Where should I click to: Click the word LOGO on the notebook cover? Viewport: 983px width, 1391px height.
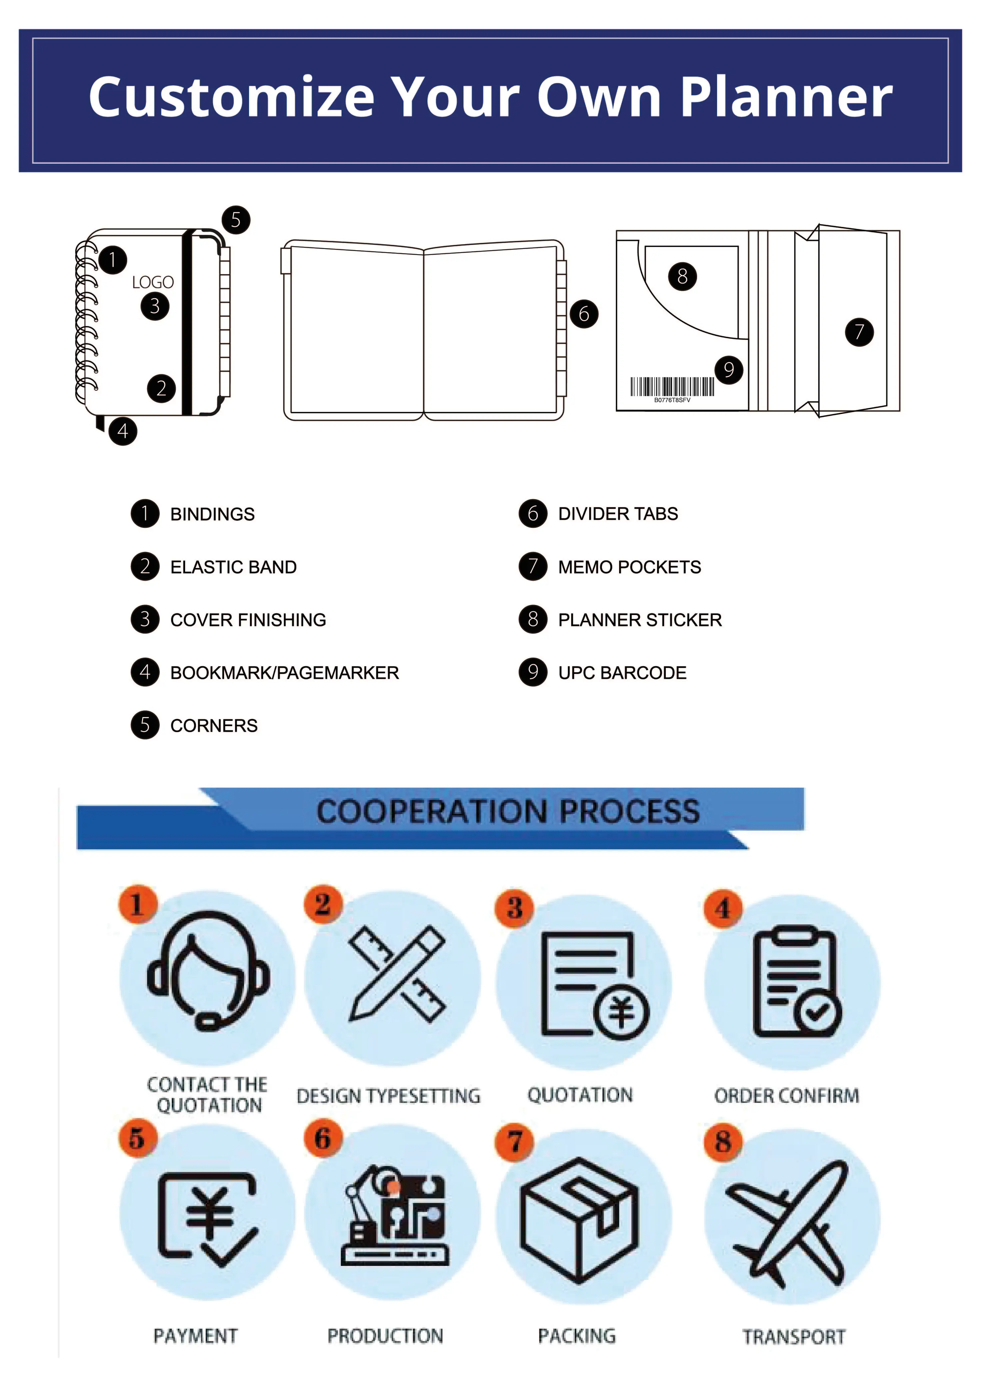click(x=153, y=282)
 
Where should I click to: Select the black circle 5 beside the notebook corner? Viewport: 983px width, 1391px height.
click(x=236, y=220)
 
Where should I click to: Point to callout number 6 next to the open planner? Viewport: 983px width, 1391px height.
click(x=584, y=314)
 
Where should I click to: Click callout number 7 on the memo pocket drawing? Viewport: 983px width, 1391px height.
click(x=859, y=332)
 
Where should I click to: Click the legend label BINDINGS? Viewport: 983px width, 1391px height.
click(x=212, y=514)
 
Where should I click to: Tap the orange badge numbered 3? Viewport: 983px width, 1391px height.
click(x=515, y=908)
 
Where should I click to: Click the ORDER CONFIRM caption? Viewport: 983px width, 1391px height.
click(x=786, y=1095)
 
